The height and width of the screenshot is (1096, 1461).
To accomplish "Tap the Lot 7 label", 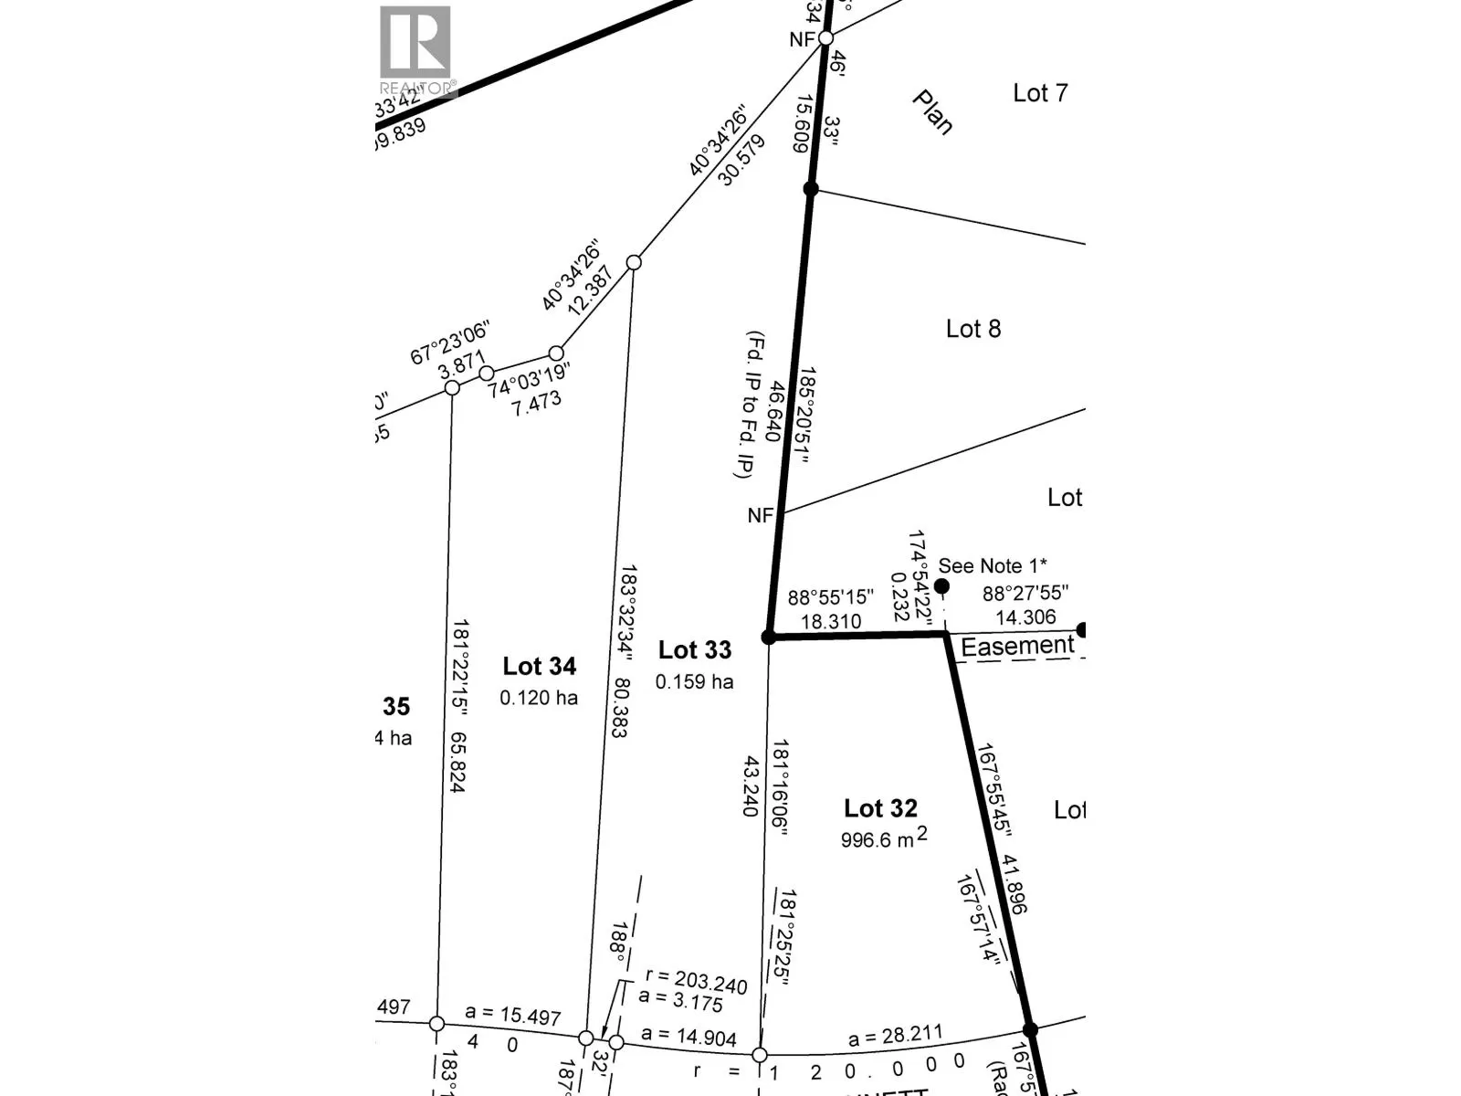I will (1040, 93).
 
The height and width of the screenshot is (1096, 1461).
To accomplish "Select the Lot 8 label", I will (972, 329).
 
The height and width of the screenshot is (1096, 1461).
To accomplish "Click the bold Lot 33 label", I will (695, 650).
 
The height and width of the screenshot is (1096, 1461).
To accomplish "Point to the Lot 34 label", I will (540, 667).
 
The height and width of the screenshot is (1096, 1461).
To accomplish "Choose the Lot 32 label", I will (880, 808).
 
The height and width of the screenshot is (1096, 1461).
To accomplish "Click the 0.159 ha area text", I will (694, 682).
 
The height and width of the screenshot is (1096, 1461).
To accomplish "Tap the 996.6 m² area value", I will (882, 838).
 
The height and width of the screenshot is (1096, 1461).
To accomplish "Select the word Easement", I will (1017, 647).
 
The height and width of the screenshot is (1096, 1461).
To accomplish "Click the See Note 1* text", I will (993, 566).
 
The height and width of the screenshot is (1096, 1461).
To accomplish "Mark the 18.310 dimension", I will (831, 622).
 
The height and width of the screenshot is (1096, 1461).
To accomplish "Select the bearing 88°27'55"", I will (1025, 595).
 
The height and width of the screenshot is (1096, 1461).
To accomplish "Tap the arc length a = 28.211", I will (895, 1037).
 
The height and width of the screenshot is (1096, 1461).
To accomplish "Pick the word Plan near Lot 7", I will (933, 112).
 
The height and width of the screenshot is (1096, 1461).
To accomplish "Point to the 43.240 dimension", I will (751, 785).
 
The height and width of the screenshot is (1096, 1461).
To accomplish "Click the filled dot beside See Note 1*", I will (941, 585).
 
